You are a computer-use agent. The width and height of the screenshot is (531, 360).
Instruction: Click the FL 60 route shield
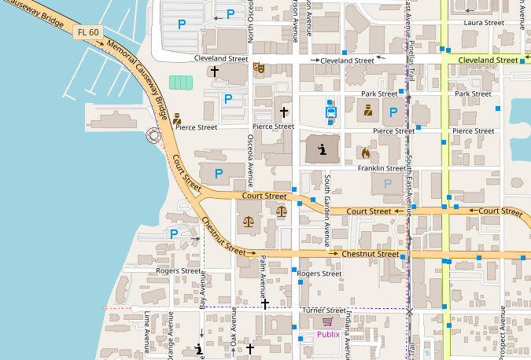(x=87, y=32)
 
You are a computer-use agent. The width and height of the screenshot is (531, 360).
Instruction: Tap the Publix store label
(x=328, y=334)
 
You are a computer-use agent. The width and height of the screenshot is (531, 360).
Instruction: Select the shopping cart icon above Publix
(x=327, y=321)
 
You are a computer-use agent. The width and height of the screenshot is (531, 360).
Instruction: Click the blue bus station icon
(x=332, y=112)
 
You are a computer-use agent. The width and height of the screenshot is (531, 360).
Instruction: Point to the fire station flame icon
(x=366, y=152)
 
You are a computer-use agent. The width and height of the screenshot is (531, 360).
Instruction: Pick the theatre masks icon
(x=257, y=68)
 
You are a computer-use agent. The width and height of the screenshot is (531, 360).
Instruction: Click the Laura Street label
(x=484, y=23)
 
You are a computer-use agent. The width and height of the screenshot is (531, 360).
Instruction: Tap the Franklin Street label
(x=382, y=168)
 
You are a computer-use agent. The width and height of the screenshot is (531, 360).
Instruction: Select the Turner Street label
(x=323, y=310)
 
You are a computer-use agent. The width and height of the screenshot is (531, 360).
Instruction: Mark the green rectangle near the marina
(x=180, y=83)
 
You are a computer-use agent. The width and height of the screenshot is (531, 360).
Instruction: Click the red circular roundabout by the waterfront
(x=153, y=136)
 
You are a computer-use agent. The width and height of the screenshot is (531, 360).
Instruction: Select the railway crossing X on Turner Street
(x=409, y=311)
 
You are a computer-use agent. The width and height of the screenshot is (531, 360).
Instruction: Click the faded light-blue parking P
(x=387, y=184)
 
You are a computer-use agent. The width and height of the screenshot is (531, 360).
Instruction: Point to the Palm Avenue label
(x=264, y=275)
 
